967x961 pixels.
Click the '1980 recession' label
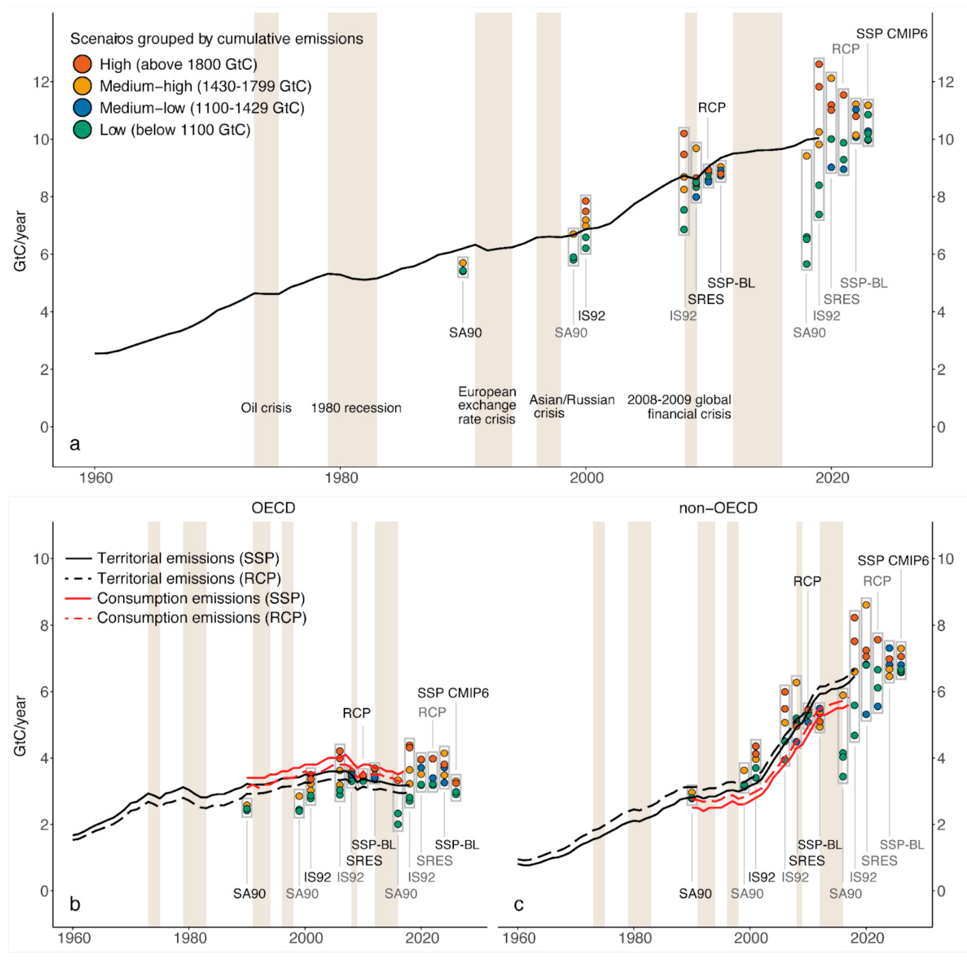click(356, 408)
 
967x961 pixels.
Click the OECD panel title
click(273, 508)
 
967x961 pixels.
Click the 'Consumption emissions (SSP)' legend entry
click(200, 598)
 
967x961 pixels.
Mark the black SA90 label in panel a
click(465, 333)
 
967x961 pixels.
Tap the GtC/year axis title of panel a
click(20, 241)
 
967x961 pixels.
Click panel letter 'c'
click(519, 904)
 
